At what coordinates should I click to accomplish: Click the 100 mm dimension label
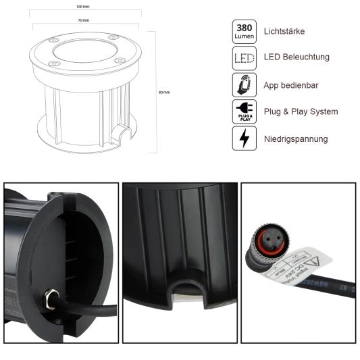point(84,7)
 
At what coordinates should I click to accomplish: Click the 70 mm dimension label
point(84,20)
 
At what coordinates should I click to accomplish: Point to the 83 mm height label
point(163,92)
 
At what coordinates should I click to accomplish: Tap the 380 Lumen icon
point(243,31)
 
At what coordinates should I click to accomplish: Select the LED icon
point(243,57)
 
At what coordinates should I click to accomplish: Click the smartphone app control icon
point(243,84)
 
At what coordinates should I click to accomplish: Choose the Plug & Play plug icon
point(243,111)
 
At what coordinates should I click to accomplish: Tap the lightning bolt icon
point(243,138)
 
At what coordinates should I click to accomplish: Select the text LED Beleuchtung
point(296,57)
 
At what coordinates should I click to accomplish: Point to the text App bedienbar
point(291,84)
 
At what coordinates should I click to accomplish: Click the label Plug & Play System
point(301,111)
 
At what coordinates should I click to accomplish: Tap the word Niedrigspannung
point(296,138)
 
